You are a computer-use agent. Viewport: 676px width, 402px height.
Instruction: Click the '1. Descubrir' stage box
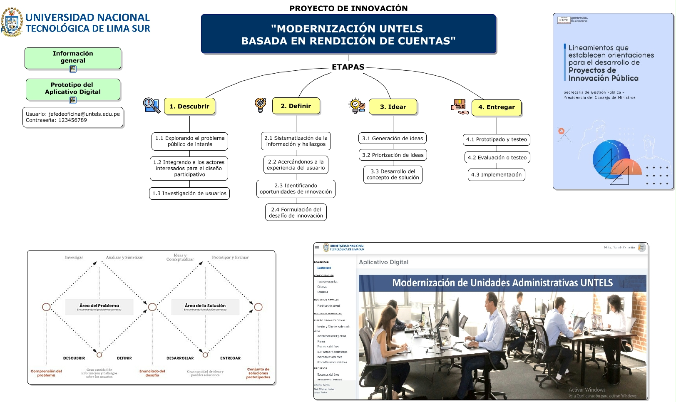tap(189, 107)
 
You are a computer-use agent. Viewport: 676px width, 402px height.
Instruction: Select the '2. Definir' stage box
tap(296, 106)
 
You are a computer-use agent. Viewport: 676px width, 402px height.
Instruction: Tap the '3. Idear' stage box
tap(393, 107)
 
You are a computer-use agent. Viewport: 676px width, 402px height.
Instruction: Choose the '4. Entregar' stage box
tap(496, 107)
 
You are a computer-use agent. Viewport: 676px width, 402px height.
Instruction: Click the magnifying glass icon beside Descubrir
tap(152, 105)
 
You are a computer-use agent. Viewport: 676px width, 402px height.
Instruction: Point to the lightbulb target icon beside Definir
tap(261, 104)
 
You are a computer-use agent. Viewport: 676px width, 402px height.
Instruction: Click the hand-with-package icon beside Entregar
tap(460, 107)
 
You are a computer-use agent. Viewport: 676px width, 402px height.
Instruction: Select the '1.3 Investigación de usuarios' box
tap(189, 194)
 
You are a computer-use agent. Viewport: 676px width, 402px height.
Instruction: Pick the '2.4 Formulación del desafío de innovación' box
tap(296, 213)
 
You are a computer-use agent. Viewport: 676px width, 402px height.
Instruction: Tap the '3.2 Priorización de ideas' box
tap(393, 155)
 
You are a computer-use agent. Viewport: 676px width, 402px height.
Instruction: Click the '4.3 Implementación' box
tap(496, 175)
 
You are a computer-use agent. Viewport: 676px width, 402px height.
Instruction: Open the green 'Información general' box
tap(73, 57)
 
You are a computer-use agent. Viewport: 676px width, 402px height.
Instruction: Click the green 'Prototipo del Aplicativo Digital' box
tap(73, 89)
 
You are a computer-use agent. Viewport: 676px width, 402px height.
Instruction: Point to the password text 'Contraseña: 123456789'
tap(56, 120)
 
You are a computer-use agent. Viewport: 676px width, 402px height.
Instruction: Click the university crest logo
tap(12, 22)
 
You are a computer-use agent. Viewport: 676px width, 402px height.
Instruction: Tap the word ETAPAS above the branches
tap(348, 67)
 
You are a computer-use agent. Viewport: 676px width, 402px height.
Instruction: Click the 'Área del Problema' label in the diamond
tap(99, 306)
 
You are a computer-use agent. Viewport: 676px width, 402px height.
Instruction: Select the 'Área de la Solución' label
tap(205, 306)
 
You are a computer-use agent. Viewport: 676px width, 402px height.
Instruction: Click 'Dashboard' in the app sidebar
tap(324, 268)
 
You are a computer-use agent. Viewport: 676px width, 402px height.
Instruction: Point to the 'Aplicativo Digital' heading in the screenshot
tap(383, 262)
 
